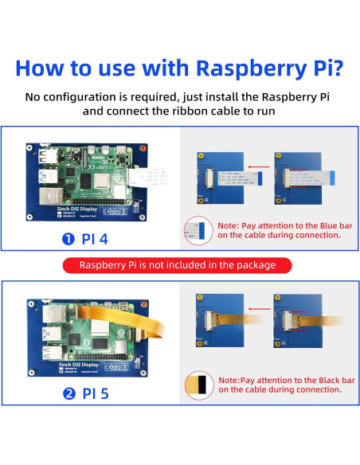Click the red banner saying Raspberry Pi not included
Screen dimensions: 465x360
pos(179,265)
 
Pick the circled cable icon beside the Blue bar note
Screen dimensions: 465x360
pos(198,230)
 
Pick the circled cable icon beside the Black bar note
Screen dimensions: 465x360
pos(198,385)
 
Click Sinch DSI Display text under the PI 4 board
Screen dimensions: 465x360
pos(72,205)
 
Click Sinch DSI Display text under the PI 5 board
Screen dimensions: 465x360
pos(72,361)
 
